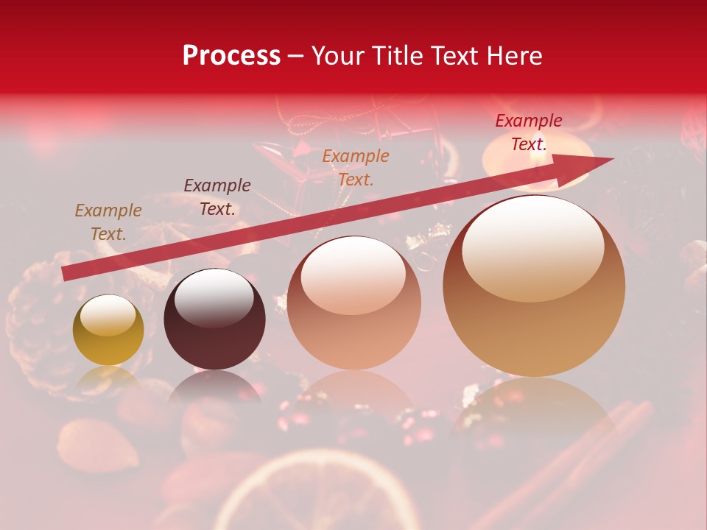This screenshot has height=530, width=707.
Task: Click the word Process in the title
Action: click(x=231, y=56)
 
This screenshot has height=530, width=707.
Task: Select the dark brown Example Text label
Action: click(x=217, y=197)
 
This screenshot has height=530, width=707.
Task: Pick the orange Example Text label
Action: click(x=356, y=167)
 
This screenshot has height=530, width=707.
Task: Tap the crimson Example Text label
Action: click(x=529, y=132)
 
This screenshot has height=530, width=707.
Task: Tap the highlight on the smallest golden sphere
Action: click(x=108, y=315)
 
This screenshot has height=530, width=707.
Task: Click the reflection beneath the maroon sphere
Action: click(x=214, y=386)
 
